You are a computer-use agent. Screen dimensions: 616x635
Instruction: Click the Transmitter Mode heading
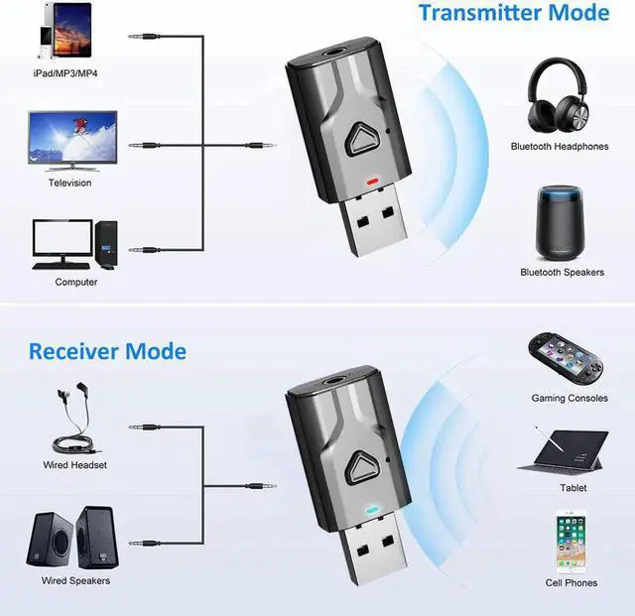[513, 14]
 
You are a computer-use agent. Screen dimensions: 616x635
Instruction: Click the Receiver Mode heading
[107, 351]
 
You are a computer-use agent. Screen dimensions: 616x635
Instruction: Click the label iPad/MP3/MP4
[65, 74]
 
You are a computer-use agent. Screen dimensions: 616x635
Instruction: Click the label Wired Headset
[74, 465]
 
